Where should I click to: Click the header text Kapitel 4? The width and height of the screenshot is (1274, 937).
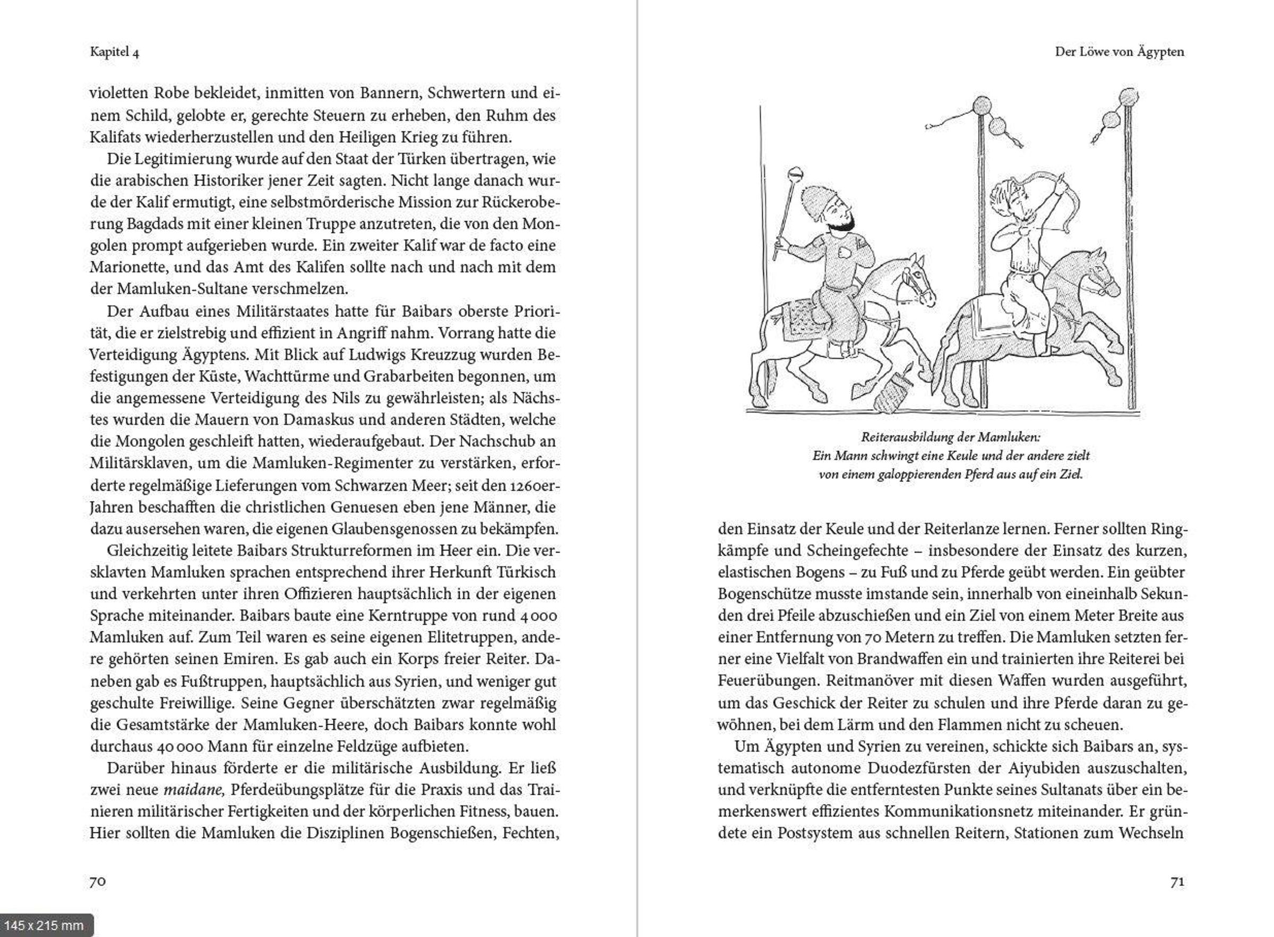click(114, 52)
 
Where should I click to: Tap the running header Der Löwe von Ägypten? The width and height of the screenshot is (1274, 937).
click(1119, 51)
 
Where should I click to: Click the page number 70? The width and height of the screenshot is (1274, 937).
click(98, 881)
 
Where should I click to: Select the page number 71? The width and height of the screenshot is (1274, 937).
click(1177, 881)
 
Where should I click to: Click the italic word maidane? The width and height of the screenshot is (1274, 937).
click(187, 789)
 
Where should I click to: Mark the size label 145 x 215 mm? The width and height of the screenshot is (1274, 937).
click(44, 926)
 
